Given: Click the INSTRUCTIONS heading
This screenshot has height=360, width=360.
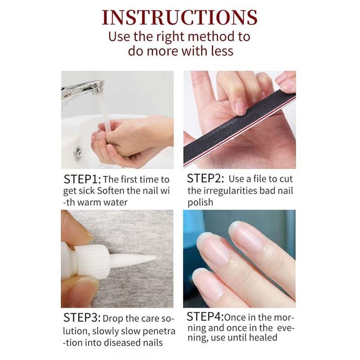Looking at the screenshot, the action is [180, 17].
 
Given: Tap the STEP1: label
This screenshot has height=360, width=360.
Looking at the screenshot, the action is [82, 180].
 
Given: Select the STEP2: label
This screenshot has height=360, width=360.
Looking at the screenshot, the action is [205, 179].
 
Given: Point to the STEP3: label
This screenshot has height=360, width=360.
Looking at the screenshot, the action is [82, 318].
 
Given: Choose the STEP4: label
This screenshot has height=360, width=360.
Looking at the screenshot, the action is [205, 316].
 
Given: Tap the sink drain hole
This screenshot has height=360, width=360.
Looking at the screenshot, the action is [78, 152].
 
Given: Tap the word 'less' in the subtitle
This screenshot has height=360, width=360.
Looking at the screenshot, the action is [222, 51].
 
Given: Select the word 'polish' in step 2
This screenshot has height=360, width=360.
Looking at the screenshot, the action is [200, 202].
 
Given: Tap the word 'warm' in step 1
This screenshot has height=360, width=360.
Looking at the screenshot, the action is [89, 202].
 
